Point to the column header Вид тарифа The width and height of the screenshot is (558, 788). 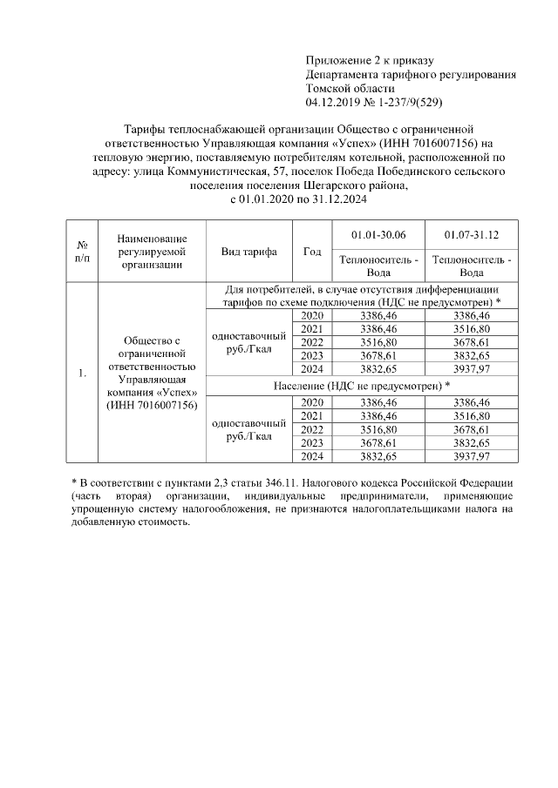[x=249, y=252]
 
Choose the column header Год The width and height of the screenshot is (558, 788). [x=311, y=252]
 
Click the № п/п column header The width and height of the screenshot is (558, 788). [x=82, y=252]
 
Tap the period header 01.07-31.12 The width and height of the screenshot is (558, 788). [x=472, y=235]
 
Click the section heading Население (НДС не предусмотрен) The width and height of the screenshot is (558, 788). [x=360, y=385]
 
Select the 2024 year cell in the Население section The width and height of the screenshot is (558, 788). [x=311, y=455]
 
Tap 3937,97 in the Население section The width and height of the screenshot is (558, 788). [x=472, y=455]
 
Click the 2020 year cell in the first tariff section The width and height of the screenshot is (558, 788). [x=311, y=315]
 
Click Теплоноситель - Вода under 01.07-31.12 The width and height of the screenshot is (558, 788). [x=472, y=266]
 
